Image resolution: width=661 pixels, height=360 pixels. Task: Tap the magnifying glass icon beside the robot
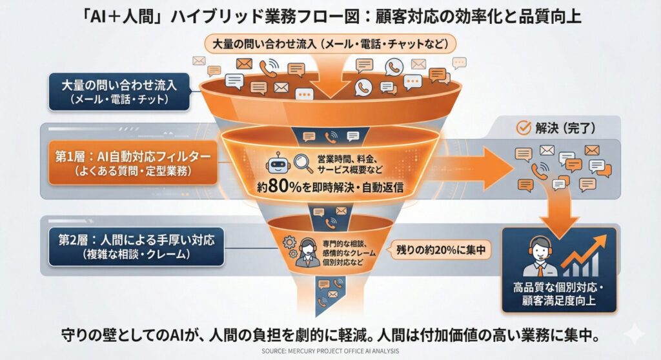301,163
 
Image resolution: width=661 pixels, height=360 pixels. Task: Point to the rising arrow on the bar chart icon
587,249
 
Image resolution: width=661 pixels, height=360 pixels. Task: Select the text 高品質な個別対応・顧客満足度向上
559,293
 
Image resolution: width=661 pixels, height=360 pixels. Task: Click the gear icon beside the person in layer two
289,243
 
